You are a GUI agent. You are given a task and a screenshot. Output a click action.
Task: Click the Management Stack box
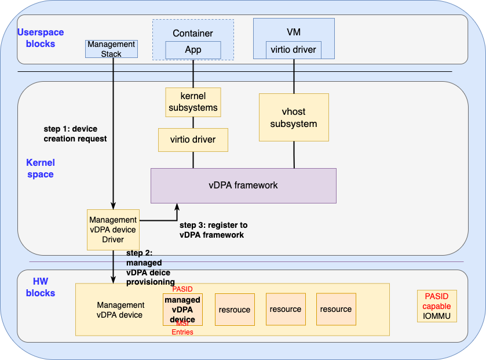tap(112, 49)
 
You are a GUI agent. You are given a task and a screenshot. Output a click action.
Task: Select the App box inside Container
tap(193, 50)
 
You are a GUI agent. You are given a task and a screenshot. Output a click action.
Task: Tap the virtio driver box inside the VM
tap(294, 50)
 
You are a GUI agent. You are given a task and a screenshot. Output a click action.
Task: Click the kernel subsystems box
tap(193, 101)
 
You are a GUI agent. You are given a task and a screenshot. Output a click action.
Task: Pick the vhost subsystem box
tap(294, 118)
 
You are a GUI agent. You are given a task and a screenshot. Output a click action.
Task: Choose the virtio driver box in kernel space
tap(193, 140)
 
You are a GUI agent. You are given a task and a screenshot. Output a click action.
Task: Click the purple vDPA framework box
tap(243, 186)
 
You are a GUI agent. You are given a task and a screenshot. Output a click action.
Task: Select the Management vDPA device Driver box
tap(113, 230)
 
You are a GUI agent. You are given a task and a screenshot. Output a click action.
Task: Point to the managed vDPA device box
tap(182, 308)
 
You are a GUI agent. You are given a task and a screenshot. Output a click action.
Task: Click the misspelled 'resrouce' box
tap(235, 310)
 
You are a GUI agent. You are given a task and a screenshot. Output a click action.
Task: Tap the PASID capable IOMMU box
tap(437, 306)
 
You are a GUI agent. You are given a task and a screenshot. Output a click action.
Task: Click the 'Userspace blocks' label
tap(41, 38)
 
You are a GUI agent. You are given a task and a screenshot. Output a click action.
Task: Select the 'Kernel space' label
tap(40, 168)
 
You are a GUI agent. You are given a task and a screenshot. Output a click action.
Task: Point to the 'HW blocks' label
tap(41, 287)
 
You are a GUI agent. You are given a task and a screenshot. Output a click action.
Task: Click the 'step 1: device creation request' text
tap(75, 134)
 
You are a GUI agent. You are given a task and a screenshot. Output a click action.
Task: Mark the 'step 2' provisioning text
tap(151, 268)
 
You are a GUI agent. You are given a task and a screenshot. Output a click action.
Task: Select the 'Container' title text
tap(193, 34)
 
